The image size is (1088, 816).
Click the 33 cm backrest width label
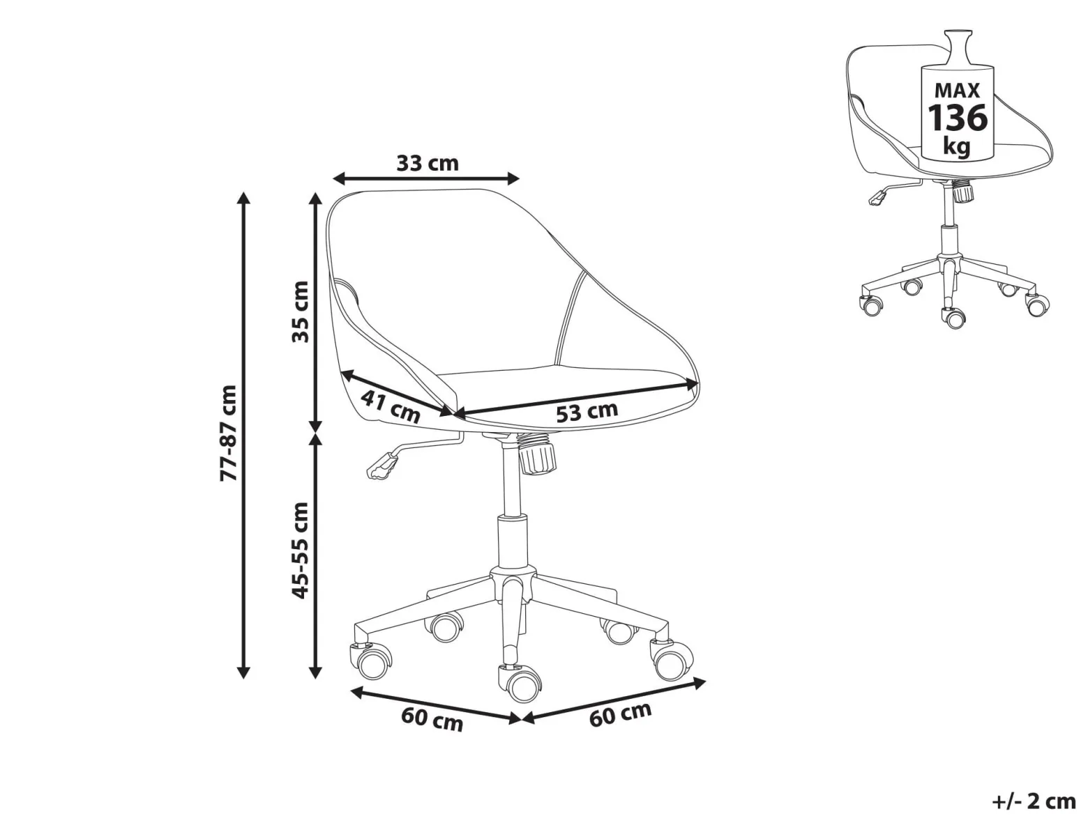click(428, 163)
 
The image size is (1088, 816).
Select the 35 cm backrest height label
click(300, 311)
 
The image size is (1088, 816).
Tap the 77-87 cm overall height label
click(229, 433)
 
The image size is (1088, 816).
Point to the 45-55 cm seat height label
click(300, 550)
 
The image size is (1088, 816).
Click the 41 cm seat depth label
click(390, 406)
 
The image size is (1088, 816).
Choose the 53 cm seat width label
click(587, 411)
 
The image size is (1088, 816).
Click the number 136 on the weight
click(958, 118)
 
